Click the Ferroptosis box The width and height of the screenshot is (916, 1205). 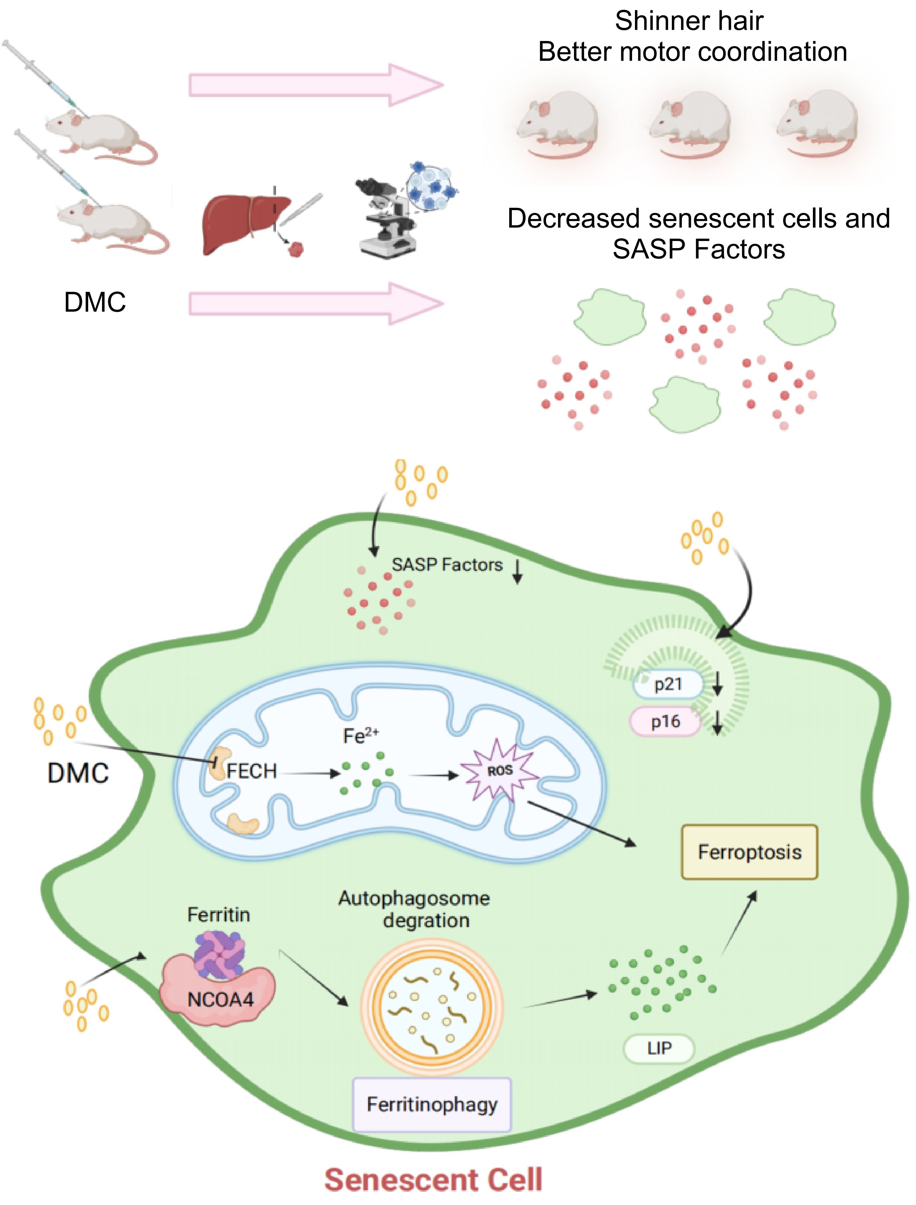(x=749, y=852)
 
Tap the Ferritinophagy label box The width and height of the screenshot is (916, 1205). (x=432, y=1104)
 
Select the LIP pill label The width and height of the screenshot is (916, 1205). (x=659, y=1048)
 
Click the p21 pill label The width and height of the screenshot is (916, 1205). (x=668, y=684)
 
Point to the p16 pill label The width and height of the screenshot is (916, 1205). (x=665, y=722)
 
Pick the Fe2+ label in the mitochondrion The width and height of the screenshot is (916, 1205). (x=360, y=736)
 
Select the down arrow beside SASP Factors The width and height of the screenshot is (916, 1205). (x=517, y=571)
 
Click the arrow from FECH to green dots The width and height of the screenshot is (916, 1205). (x=310, y=773)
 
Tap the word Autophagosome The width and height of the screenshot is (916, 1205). (x=414, y=898)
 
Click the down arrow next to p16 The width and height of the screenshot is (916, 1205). (x=718, y=722)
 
